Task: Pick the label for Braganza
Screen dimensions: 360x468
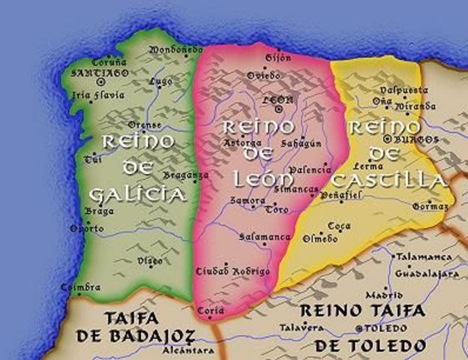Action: point(187,175)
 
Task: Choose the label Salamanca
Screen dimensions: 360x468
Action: point(264,237)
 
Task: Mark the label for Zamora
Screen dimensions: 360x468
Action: point(247,201)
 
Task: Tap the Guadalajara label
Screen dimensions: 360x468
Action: point(427,274)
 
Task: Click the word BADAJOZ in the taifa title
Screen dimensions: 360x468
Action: point(154,335)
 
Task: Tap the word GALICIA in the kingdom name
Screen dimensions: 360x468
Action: point(136,195)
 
